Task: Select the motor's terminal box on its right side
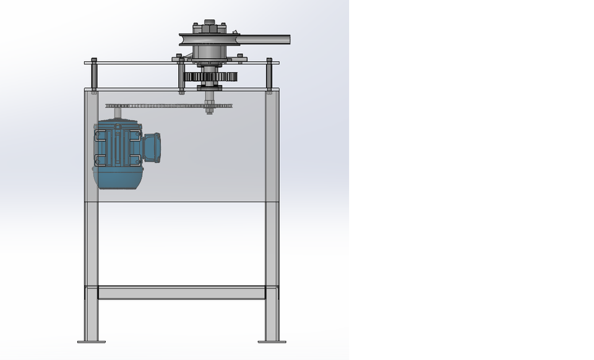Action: click(152, 147)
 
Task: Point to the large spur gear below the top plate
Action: click(210, 78)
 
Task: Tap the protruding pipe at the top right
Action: click(263, 40)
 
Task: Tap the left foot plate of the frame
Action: click(92, 341)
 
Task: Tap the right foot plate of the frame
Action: click(272, 341)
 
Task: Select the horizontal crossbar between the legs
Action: click(181, 293)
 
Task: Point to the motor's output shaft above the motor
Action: click(118, 115)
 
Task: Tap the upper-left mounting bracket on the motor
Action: click(100, 135)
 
